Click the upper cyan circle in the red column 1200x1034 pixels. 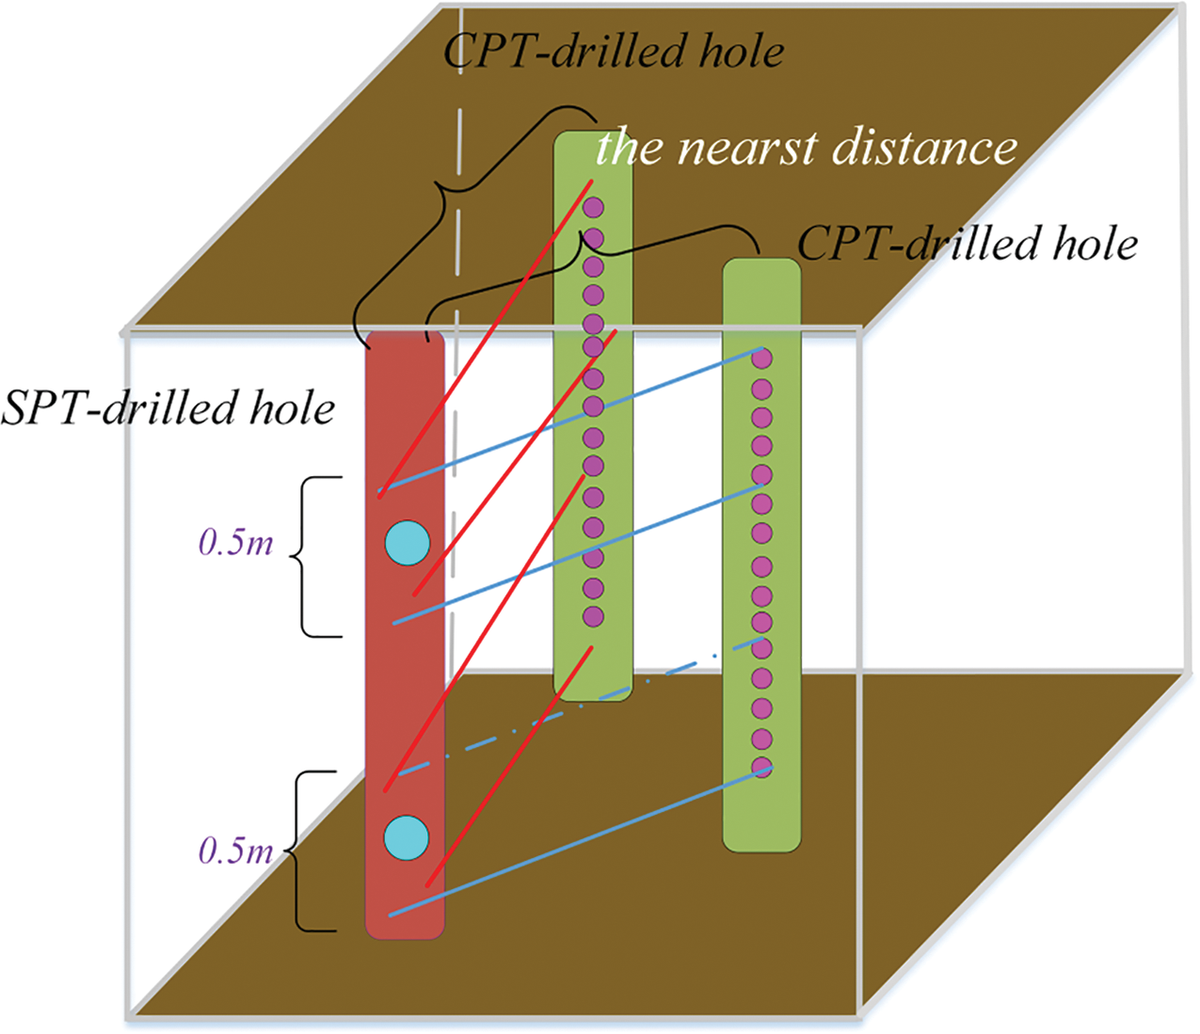408,543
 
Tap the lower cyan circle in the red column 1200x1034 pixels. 408,837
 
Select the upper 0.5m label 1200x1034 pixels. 235,543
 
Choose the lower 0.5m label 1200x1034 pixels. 235,851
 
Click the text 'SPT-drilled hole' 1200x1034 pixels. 168,408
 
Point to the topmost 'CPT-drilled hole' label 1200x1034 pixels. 614,51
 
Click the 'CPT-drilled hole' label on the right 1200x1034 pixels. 968,244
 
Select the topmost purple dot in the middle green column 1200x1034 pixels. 593,207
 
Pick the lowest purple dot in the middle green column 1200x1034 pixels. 593,616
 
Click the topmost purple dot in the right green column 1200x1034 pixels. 762,358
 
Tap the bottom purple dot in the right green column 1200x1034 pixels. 762,767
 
